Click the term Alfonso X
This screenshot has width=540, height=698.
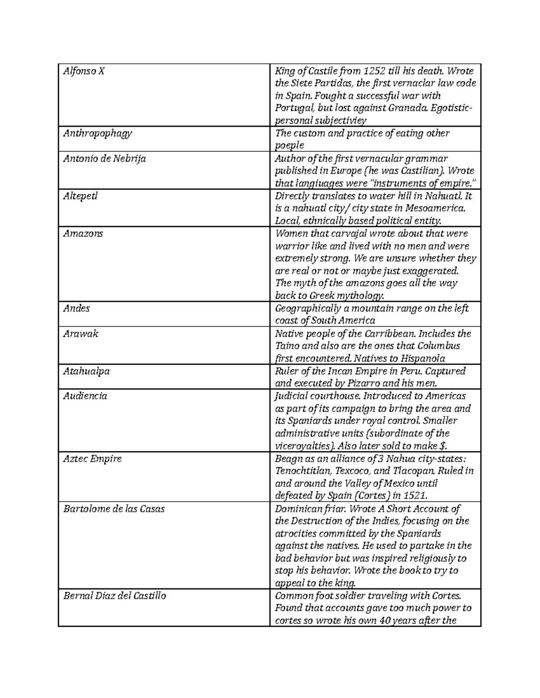coord(84,71)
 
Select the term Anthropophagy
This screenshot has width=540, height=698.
coord(98,133)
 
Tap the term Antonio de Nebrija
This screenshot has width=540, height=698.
coord(104,159)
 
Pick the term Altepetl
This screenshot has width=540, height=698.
coord(80,196)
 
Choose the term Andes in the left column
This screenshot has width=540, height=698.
coord(76,308)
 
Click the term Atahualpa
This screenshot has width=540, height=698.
coord(86,371)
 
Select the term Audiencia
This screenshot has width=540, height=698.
coord(85,396)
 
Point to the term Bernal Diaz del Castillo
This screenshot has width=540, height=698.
coord(115,596)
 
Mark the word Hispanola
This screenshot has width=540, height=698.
coord(423,359)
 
